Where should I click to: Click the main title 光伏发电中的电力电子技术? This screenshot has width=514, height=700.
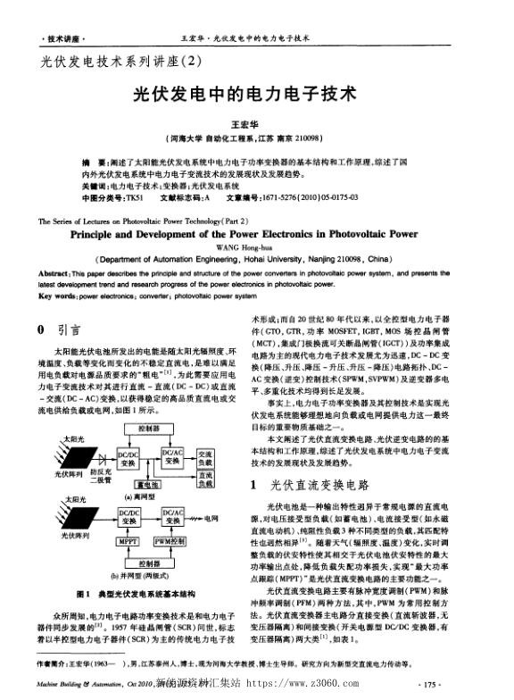point(257,93)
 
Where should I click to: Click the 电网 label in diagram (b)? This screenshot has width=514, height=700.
point(211,518)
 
